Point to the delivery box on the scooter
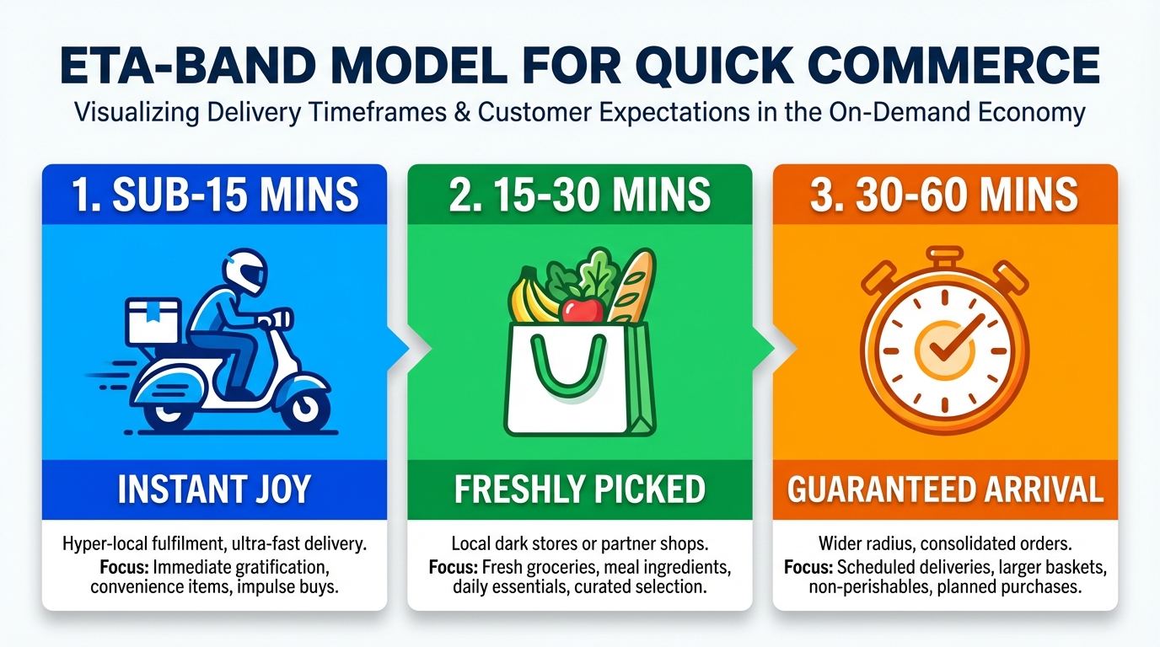click(x=153, y=320)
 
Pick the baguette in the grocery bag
click(x=631, y=286)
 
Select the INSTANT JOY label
click(x=214, y=489)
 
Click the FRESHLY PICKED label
click(x=579, y=489)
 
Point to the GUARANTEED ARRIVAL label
click(x=944, y=489)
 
